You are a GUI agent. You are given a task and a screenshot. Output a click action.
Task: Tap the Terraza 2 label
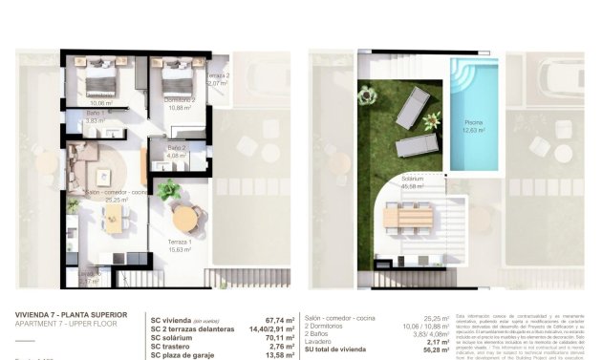(217, 78)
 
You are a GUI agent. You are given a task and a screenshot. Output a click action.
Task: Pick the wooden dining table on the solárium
(410, 217)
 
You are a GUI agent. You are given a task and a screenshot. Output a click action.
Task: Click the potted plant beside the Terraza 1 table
(168, 189)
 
